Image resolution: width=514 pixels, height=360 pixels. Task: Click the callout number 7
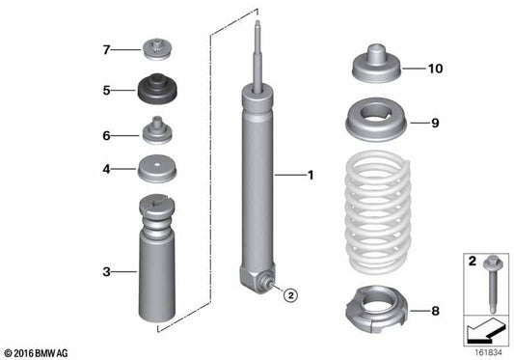coord(108,47)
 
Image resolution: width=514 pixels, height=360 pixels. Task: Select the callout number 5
coord(108,91)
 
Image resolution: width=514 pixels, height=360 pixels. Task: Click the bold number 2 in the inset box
coord(471,262)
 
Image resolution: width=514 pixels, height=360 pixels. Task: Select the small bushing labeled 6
coord(155,130)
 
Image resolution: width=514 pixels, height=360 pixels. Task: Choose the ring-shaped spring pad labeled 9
coord(372,124)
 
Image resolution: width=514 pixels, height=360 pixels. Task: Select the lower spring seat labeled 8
coord(372,309)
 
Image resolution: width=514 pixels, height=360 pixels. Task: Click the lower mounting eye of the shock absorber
coord(260,281)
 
